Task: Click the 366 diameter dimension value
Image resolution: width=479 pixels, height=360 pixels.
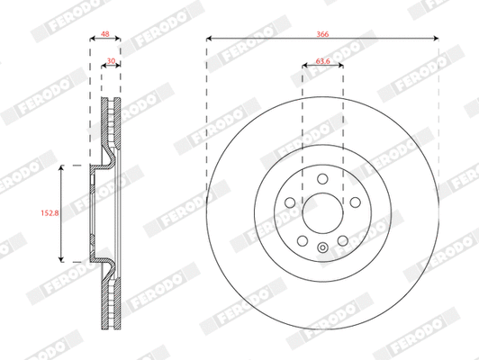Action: [321, 31]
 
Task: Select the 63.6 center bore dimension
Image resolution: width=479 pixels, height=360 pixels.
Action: [321, 63]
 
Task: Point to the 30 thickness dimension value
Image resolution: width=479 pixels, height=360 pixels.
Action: [110, 63]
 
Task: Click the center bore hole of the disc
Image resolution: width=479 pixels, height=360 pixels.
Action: [322, 212]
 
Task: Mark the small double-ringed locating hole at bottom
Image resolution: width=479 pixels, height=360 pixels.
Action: [322, 248]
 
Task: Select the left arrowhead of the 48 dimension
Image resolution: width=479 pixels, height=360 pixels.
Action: [93, 40]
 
